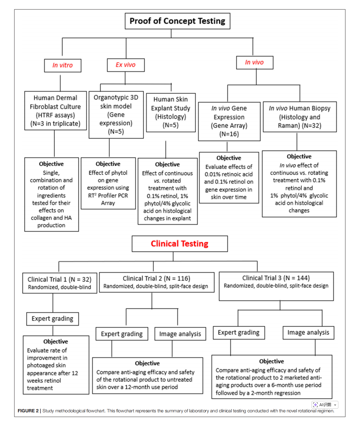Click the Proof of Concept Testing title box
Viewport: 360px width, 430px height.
pyautogui.click(x=177, y=21)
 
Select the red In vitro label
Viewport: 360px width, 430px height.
pyautogui.click(x=63, y=65)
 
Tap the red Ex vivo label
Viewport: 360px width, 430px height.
pyautogui.click(x=126, y=65)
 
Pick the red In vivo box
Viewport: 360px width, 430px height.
pyautogui.click(x=254, y=62)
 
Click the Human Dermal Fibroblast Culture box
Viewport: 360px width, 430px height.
pyautogui.click(x=55, y=111)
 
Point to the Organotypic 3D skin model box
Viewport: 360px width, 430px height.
pyautogui.click(x=116, y=115)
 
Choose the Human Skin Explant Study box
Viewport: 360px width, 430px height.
pyautogui.click(x=171, y=112)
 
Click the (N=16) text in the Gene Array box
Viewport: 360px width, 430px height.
pyautogui.click(x=229, y=134)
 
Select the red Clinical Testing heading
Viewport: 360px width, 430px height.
pyautogui.click(x=179, y=244)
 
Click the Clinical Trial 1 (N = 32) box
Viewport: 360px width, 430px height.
pyautogui.click(x=60, y=283)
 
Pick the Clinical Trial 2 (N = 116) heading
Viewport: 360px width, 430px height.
pyautogui.click(x=156, y=278)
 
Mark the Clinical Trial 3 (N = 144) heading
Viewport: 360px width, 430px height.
pyautogui.click(x=276, y=278)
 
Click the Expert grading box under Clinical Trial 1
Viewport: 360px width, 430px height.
pyautogui.click(x=52, y=319)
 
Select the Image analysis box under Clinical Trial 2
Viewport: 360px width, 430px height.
pyautogui.click(x=180, y=334)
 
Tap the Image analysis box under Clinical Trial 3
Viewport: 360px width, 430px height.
pyautogui.click(x=308, y=332)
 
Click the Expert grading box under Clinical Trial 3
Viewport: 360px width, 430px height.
pyautogui.click(x=239, y=332)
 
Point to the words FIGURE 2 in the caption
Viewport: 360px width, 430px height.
pyautogui.click(x=28, y=411)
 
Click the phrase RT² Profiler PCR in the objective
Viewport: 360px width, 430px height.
pyautogui.click(x=108, y=196)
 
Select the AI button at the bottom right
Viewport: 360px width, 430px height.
pyautogui.click(x=325, y=405)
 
